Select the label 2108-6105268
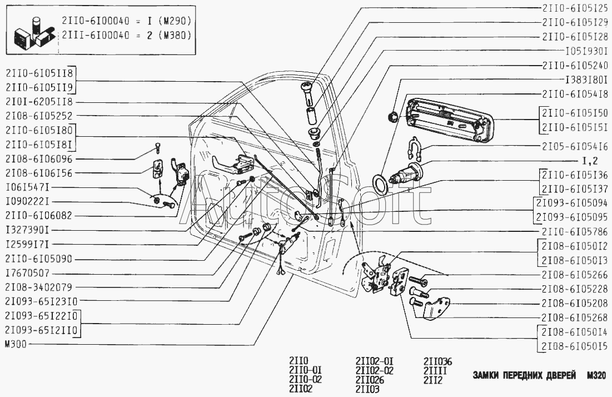coord(575,317)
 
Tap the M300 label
coord(16,344)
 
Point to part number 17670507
coord(27,273)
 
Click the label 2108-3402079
coord(39,287)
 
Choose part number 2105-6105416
coord(575,146)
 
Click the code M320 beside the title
coord(596,375)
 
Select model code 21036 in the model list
coord(437,361)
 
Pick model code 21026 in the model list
coord(370,380)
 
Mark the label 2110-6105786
coord(575,232)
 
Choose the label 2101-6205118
coord(39,102)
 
